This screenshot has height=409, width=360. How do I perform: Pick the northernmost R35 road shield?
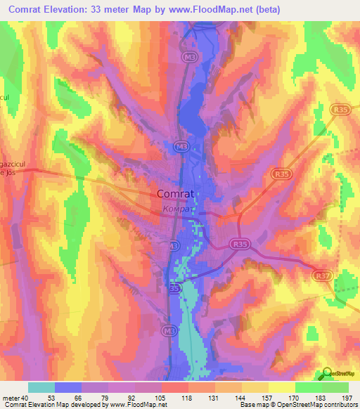[x=342, y=109]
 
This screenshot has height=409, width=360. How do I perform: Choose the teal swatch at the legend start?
[x=41, y=387]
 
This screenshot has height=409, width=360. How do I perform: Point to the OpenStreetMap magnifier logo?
[x=327, y=375]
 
